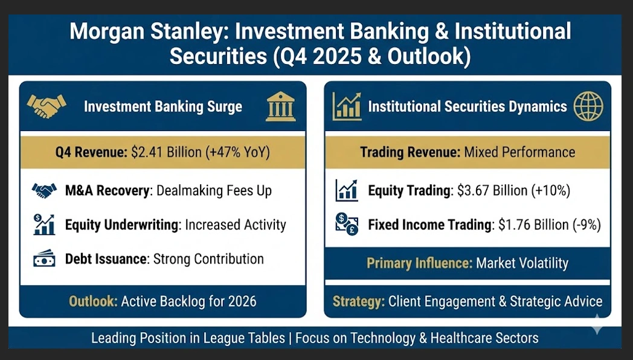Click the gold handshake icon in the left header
47,106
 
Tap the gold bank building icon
281,106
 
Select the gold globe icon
588,106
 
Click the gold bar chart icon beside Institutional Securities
347,106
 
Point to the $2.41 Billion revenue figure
166,152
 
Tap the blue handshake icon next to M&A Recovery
45,190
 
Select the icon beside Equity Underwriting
45,225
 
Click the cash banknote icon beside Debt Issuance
45,259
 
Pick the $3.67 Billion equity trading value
492,190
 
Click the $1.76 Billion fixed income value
533,225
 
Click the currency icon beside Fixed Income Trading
347,225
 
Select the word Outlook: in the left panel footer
93,301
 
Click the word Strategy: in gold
359,301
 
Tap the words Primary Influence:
419,263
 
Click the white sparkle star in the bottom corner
597,324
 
